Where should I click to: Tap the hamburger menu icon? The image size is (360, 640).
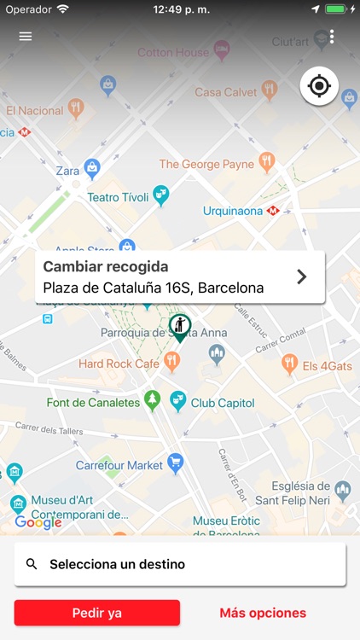pos(26,37)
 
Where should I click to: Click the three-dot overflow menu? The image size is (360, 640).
pos(332,37)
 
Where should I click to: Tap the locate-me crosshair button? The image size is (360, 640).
pos(319,85)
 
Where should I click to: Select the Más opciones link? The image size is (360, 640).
pos(263,613)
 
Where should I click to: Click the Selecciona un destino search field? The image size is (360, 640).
pos(180,564)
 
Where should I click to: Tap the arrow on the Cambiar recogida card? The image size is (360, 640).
pos(301,276)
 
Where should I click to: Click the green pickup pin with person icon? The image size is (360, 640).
pos(180,327)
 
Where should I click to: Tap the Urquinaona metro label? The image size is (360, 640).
pos(234,211)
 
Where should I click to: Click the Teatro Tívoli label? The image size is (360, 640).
pos(118,197)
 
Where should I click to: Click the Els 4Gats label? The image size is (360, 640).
pos(328,366)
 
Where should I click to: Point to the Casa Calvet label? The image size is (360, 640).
pos(225,92)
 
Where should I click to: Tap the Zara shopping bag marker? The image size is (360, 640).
pos(92,166)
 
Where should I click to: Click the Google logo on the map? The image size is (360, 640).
pos(38,522)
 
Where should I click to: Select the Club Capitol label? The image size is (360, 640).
pos(222,403)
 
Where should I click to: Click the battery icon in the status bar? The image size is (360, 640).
pos(337,9)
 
